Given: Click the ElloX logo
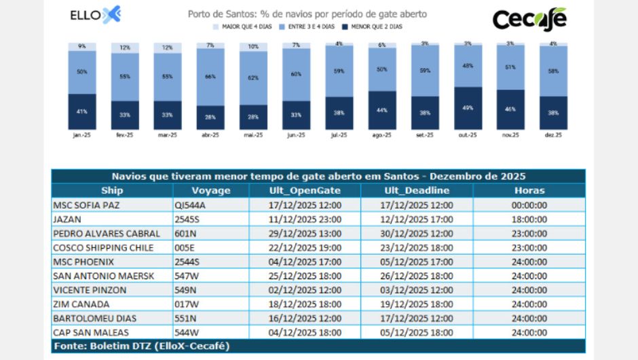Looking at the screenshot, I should coord(95,15).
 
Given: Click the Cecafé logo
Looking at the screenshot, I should coord(529,19).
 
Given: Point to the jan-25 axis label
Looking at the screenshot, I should coord(81,135).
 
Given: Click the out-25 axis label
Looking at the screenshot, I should coord(468,135).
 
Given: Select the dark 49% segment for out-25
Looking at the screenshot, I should coord(468,108).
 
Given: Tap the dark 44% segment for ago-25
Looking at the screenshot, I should coord(382,110).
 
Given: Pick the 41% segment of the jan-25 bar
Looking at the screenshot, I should coord(81,111).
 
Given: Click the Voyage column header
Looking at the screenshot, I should coord(211,191).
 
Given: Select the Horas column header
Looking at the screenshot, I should coord(529,191).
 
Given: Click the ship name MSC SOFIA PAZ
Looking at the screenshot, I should coord(84,204).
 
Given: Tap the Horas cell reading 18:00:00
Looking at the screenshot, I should coord(529,219).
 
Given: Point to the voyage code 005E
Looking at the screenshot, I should coord(184,247).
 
